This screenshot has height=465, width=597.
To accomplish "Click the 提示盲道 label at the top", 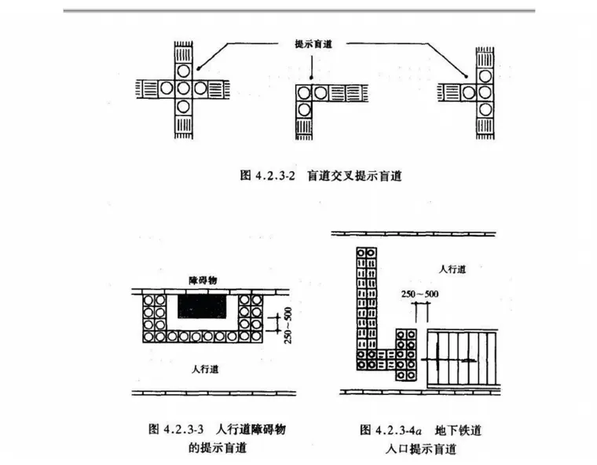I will [x=312, y=44].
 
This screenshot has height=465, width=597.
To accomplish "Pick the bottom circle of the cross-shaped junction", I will [x=182, y=106].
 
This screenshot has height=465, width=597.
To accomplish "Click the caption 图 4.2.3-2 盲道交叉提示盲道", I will [x=320, y=177].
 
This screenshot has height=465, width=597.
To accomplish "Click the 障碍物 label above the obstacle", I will [x=203, y=281].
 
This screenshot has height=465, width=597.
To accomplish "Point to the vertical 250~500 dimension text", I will [x=286, y=322].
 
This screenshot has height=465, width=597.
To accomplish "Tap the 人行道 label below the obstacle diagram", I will [x=206, y=368].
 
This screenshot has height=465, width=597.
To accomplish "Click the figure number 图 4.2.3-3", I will [x=176, y=429].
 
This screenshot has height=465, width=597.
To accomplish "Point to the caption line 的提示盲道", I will [x=218, y=449].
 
